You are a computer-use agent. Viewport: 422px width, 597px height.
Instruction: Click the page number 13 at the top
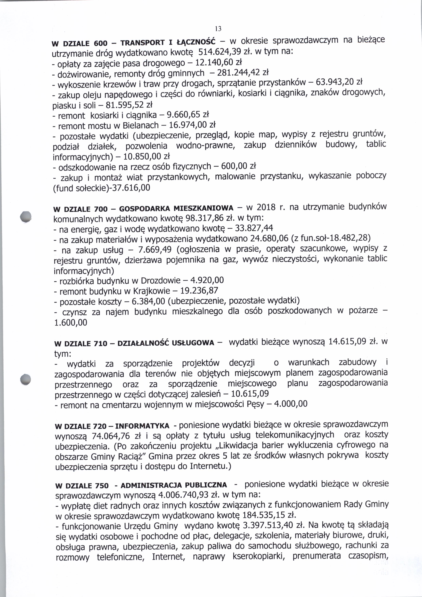218,29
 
